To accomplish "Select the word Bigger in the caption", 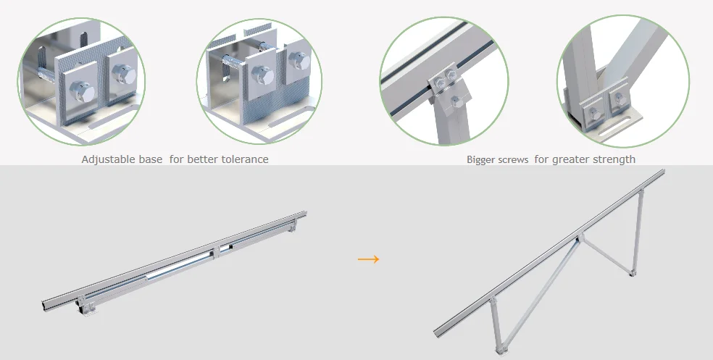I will [x=482, y=159].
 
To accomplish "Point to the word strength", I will [x=614, y=159].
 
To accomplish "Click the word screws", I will [x=515, y=159].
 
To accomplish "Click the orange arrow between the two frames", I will [x=369, y=259].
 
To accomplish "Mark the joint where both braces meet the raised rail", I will [x=577, y=238].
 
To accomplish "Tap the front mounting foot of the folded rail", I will [x=86, y=309].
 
